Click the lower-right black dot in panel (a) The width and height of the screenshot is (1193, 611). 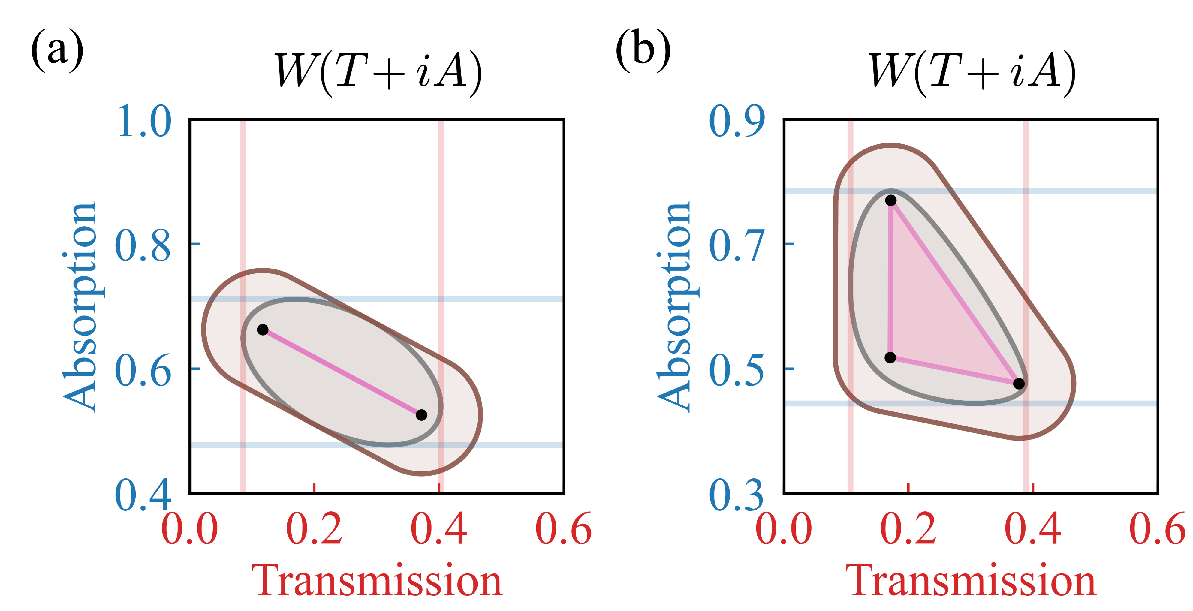tap(421, 415)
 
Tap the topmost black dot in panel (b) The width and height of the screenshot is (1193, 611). tap(890, 200)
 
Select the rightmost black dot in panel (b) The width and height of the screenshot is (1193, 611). tap(1019, 384)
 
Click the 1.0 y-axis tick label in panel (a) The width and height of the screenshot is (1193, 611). tap(144, 121)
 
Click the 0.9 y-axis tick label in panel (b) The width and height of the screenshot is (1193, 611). tap(737, 121)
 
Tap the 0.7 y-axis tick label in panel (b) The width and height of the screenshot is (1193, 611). tap(737, 246)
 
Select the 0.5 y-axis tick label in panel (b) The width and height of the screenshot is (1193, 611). tap(737, 371)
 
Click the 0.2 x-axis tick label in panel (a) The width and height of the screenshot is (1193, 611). tap(314, 529)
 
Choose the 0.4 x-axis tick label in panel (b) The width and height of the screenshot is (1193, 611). tap(1033, 529)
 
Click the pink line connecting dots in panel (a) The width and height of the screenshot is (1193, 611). tap(342, 372)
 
